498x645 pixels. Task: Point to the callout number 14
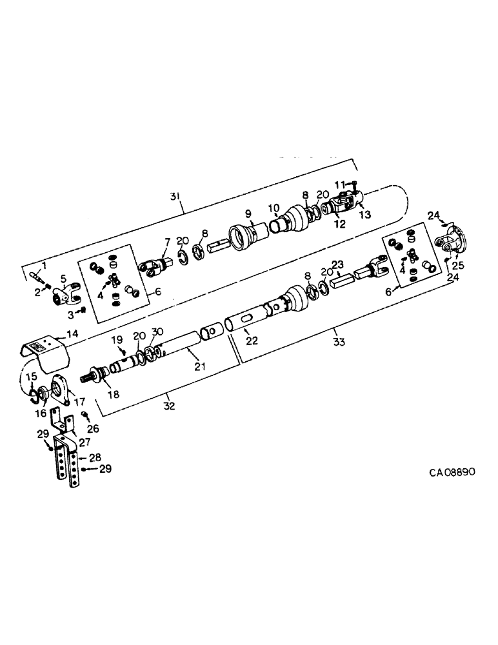[72, 335]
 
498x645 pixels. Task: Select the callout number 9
[246, 213]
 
